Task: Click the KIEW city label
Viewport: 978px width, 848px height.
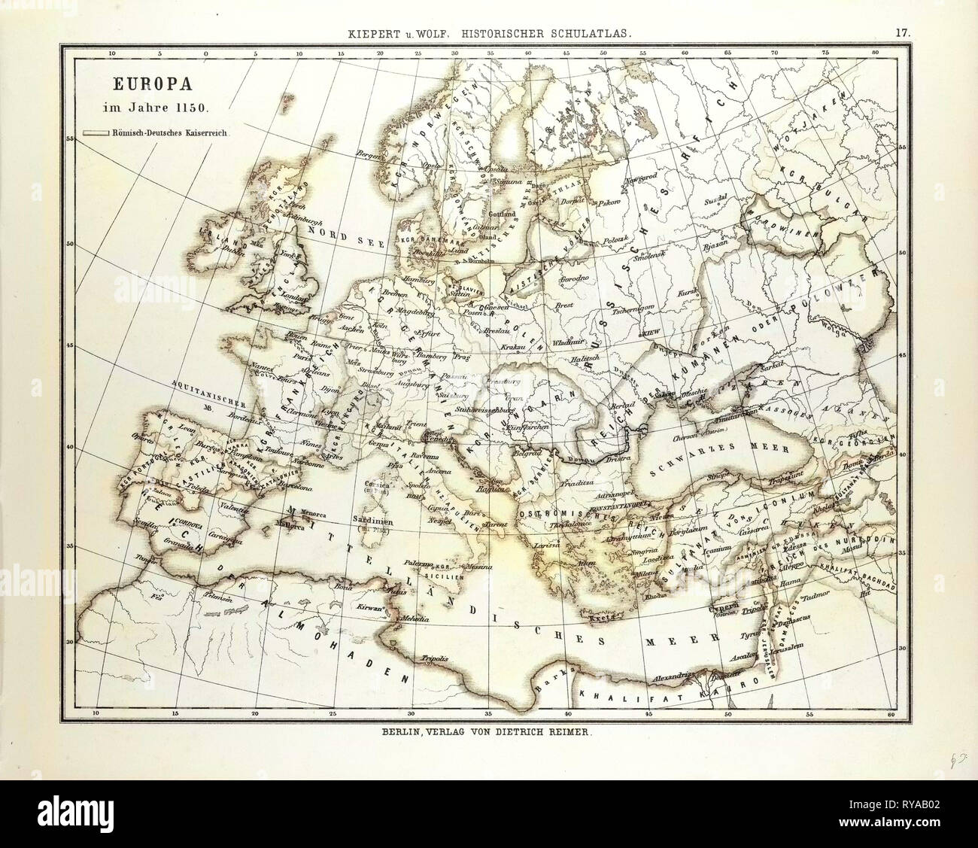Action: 649,332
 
